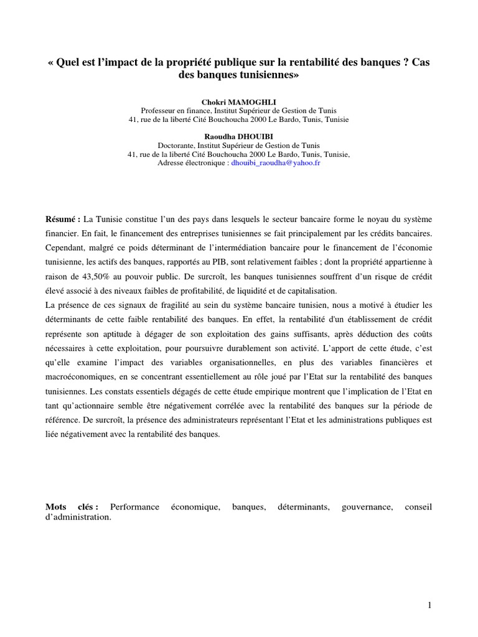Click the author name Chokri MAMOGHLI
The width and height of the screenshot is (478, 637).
point(238,101)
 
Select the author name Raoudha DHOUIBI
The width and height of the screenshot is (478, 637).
point(238,136)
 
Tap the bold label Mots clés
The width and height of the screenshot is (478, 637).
point(72,508)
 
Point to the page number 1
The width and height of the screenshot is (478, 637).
point(429,605)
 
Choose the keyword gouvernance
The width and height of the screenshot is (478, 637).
point(367,508)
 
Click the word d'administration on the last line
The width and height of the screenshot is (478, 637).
point(78,518)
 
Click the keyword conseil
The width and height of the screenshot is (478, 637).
point(418,508)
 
